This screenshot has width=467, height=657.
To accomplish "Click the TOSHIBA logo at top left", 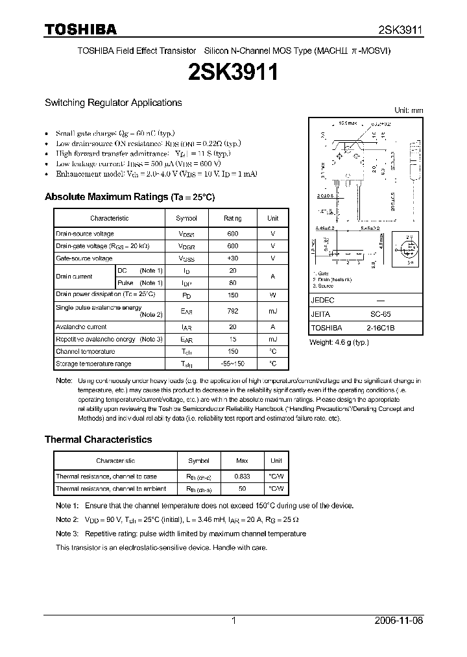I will [x=80, y=30].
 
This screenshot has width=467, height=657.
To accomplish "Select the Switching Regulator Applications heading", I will [x=113, y=103].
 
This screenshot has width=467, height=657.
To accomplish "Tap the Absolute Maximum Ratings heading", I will [x=129, y=197].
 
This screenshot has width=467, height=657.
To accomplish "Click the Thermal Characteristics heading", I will [x=98, y=440].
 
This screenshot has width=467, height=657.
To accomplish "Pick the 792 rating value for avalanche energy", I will [x=232, y=312].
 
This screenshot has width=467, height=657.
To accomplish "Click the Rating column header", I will [x=232, y=219].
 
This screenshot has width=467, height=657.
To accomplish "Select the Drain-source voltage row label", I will [x=85, y=234].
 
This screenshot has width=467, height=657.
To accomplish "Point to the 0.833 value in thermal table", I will [x=241, y=477].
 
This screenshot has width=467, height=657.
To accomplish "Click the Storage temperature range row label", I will [x=93, y=364].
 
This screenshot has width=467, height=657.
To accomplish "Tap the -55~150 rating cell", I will [x=232, y=364].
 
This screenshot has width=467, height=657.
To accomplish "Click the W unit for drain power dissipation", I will [x=273, y=294].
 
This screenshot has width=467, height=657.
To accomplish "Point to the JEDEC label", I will [x=322, y=301].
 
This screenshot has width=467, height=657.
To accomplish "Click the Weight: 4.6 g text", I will [x=339, y=342].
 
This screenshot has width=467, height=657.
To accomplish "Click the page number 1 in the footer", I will [x=233, y=621].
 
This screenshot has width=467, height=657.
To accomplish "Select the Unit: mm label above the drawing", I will [x=409, y=110].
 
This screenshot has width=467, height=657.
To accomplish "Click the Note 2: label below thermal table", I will [x=67, y=519].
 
